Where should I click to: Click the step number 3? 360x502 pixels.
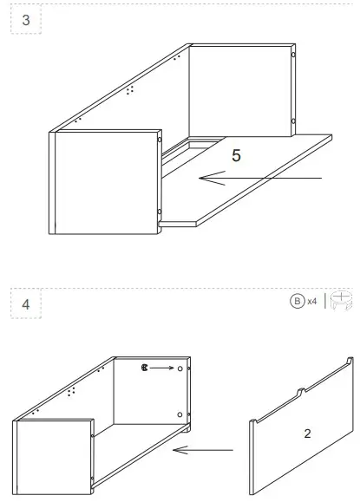pos(25,21)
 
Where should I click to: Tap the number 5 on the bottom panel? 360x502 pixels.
pos(236,156)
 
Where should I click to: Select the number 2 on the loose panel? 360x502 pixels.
pos(307,432)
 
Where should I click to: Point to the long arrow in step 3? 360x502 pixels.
pos(260,179)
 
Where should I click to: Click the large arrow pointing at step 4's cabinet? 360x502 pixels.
pos(203,449)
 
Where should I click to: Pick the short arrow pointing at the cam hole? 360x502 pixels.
pos(161,368)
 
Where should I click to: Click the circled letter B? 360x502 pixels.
pos(297,301)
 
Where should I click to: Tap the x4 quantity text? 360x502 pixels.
pos(311,302)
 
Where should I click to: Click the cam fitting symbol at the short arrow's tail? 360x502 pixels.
pos(146,368)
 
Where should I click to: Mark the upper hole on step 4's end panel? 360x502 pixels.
pos(180,368)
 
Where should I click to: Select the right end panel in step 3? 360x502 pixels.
pos(241,90)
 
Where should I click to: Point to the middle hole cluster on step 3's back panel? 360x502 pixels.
pos(130,88)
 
